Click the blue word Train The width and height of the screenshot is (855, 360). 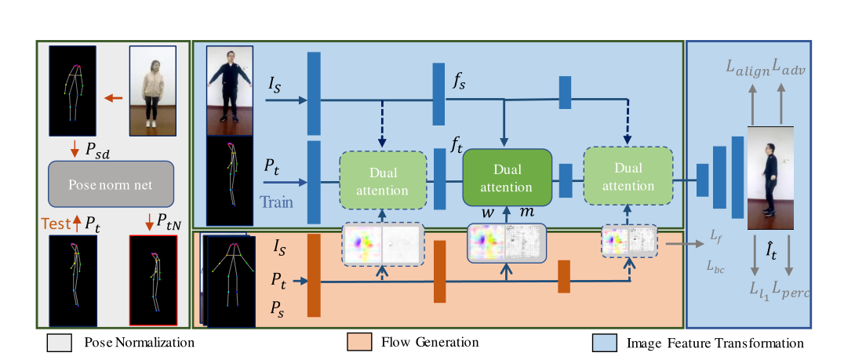pos(277,202)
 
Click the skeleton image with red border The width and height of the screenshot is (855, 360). pos(153,279)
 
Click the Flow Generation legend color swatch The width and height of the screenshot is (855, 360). pos(358,342)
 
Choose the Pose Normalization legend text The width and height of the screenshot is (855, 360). pos(139,343)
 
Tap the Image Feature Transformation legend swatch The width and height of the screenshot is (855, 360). pos(604,343)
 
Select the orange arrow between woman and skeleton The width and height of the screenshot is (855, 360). pos(114,98)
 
